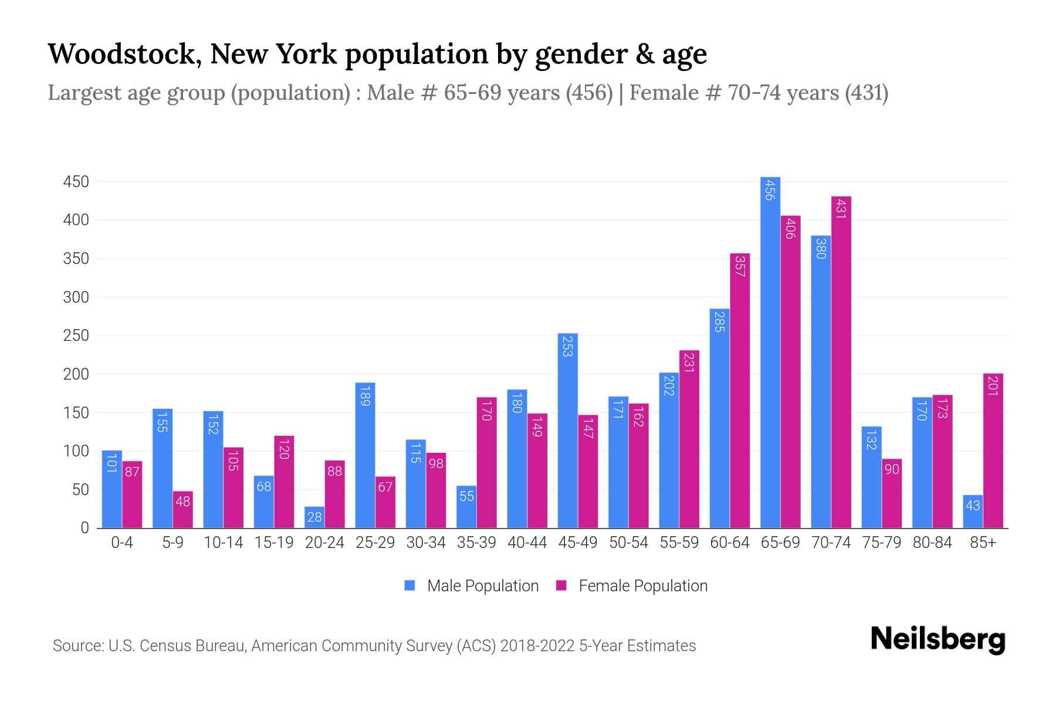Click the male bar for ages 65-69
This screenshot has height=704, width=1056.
coord(770,352)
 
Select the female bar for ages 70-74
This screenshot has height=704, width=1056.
coord(841,362)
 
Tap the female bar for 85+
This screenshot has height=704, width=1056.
coord(993,451)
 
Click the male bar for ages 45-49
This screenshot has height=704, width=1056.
coord(567,431)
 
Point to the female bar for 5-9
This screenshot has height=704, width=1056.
coord(182,509)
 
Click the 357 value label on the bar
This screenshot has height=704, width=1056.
coord(740,266)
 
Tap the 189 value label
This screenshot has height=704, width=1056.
coord(365,395)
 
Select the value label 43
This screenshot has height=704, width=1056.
coord(972,505)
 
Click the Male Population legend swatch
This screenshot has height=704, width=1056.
coord(409,585)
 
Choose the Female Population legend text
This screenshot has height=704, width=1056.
coord(643,585)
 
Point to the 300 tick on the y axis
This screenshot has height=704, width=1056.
coord(76,297)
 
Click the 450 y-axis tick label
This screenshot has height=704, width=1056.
coord(76,182)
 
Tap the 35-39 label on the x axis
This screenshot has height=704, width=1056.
coord(476,543)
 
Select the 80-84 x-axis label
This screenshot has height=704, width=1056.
coord(932,543)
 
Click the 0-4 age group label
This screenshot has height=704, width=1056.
coord(122,543)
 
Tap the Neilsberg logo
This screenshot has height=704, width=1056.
coord(937,639)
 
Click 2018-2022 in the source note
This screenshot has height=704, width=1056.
coord(537,646)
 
